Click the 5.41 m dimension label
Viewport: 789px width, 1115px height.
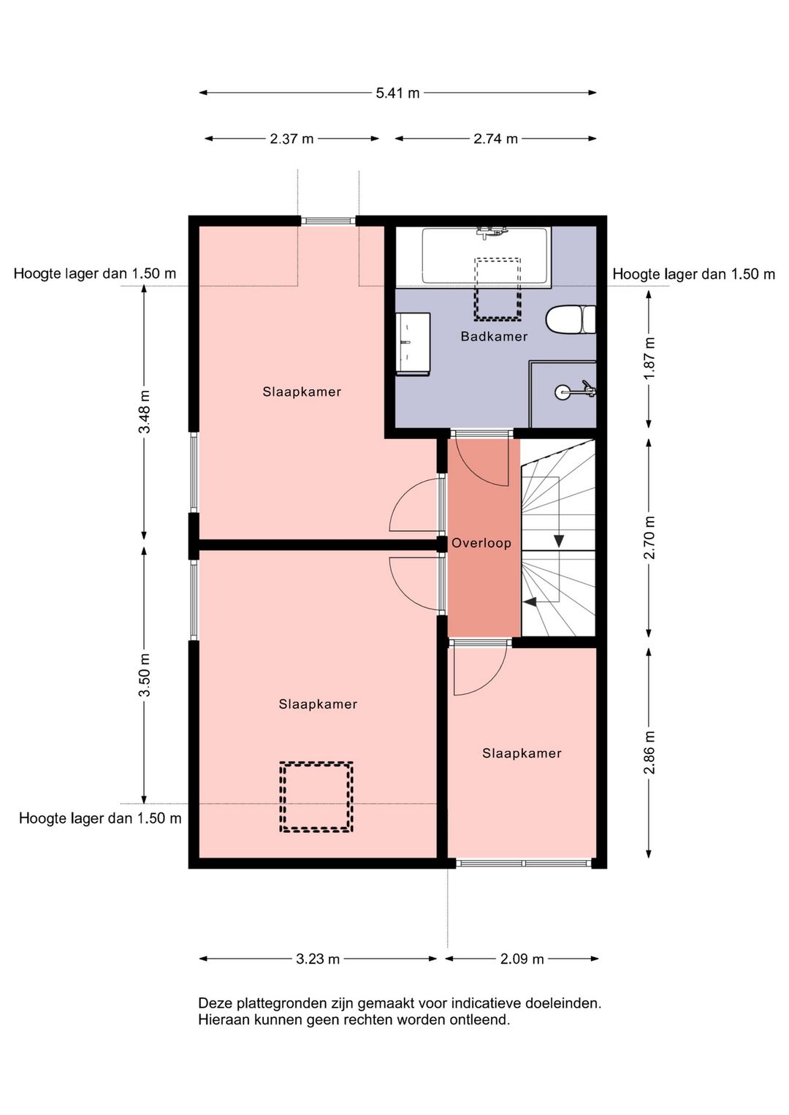pyautogui.click(x=397, y=93)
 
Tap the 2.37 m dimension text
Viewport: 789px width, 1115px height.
pyautogui.click(x=291, y=139)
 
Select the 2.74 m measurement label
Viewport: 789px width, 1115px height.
pyautogui.click(x=496, y=139)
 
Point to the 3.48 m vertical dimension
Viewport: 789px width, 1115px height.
pyautogui.click(x=145, y=412)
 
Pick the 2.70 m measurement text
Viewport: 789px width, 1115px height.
pyautogui.click(x=649, y=538)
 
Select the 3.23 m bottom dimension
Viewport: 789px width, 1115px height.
pyautogui.click(x=318, y=959)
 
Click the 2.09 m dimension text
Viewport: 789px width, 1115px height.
pyautogui.click(x=522, y=959)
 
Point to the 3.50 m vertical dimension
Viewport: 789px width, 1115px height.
pyautogui.click(x=145, y=675)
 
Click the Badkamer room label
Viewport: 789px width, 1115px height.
pyautogui.click(x=494, y=337)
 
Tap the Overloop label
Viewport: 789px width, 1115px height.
pyautogui.click(x=481, y=543)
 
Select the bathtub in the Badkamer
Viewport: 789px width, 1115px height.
pyautogui.click(x=487, y=256)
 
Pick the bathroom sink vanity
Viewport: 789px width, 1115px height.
pyautogui.click(x=413, y=344)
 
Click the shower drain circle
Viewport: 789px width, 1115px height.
pyautogui.click(x=561, y=392)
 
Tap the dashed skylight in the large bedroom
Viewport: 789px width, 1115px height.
pyautogui.click(x=316, y=796)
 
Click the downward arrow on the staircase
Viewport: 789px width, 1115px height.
pyautogui.click(x=559, y=541)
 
